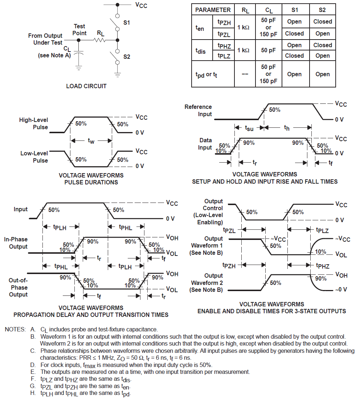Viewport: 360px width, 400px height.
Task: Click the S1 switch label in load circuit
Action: [127, 23]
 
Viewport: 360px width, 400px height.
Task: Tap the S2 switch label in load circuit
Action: [127, 57]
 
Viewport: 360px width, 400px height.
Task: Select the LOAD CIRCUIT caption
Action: [86, 86]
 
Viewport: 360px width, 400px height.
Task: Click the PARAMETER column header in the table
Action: [213, 10]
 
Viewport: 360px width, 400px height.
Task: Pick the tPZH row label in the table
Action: [224, 22]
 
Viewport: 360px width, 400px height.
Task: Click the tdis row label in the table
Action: [200, 51]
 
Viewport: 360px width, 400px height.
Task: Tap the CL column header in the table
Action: [269, 10]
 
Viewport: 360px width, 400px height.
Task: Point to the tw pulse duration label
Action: [91, 141]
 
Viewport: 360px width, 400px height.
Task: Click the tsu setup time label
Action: [249, 128]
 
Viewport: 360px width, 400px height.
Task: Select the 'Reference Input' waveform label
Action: [198, 110]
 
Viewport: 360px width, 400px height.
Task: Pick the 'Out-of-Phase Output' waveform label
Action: [18, 287]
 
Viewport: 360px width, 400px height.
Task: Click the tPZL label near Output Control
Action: [229, 230]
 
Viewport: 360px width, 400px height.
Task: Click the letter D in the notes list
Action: [33, 365]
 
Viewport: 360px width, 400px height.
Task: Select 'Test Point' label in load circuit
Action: [79, 29]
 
